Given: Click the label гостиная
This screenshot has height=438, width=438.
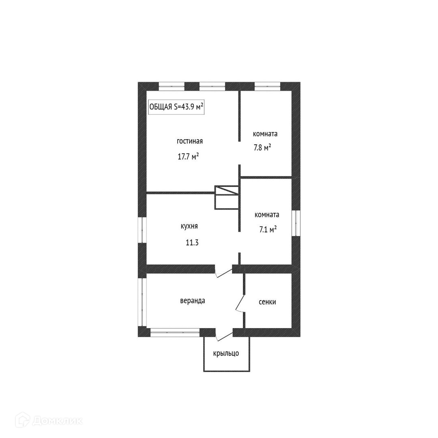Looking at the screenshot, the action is pyautogui.click(x=190, y=142).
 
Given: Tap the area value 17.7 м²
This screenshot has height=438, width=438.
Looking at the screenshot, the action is pyautogui.click(x=188, y=156).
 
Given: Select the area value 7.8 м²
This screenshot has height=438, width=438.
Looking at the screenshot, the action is pyautogui.click(x=262, y=147).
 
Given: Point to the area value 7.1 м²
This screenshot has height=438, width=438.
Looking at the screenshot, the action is pyautogui.click(x=268, y=229).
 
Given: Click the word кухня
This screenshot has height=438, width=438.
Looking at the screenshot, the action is pyautogui.click(x=189, y=226).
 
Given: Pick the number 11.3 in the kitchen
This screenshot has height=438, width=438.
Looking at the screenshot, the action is pyautogui.click(x=192, y=243).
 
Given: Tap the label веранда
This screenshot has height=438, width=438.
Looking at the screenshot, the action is pyautogui.click(x=193, y=301).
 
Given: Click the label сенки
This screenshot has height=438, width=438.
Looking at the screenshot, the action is pyautogui.click(x=267, y=302).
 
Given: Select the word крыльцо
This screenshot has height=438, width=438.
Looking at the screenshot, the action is pyautogui.click(x=226, y=353).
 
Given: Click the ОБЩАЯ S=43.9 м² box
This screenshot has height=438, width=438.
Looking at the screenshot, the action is pyautogui.click(x=176, y=107).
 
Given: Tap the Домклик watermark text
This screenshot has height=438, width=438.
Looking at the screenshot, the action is pyautogui.click(x=58, y=421).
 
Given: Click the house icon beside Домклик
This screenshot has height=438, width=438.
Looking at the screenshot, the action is pyautogui.click(x=22, y=420).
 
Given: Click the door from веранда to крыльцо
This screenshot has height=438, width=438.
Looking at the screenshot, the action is pyautogui.click(x=224, y=335).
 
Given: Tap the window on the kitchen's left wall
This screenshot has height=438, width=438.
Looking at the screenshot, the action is pyautogui.click(x=142, y=230).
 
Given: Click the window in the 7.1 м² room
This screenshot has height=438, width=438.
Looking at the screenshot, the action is pyautogui.click(x=296, y=223).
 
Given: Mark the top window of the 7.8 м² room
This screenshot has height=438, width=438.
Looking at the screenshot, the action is pyautogui.click(x=267, y=86).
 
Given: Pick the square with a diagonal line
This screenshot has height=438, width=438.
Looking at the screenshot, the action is pyautogui.click(x=227, y=190).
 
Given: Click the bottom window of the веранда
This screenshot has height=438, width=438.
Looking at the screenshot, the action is pyautogui.click(x=175, y=333).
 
